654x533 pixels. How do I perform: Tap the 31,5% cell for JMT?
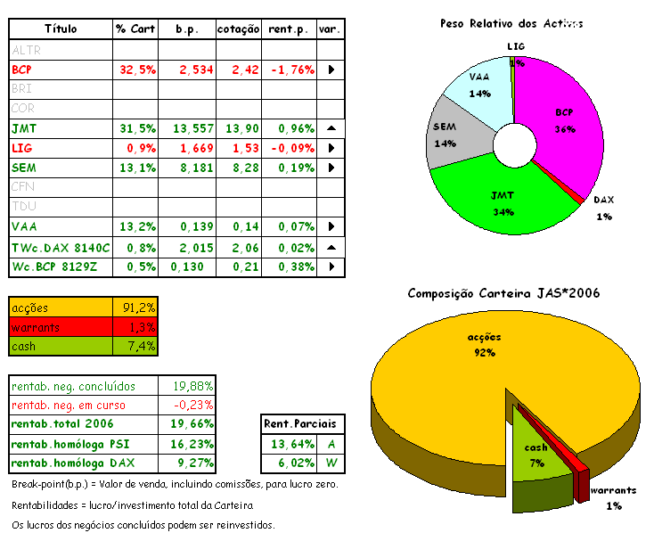[135, 128]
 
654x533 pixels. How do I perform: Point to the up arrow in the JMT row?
[331, 128]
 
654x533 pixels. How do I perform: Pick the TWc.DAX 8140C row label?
[61, 246]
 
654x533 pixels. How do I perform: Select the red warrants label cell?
[61, 327]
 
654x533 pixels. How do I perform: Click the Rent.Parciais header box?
[304, 423]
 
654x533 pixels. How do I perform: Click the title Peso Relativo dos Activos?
[511, 23]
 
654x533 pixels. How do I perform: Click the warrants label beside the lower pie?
[614, 490]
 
